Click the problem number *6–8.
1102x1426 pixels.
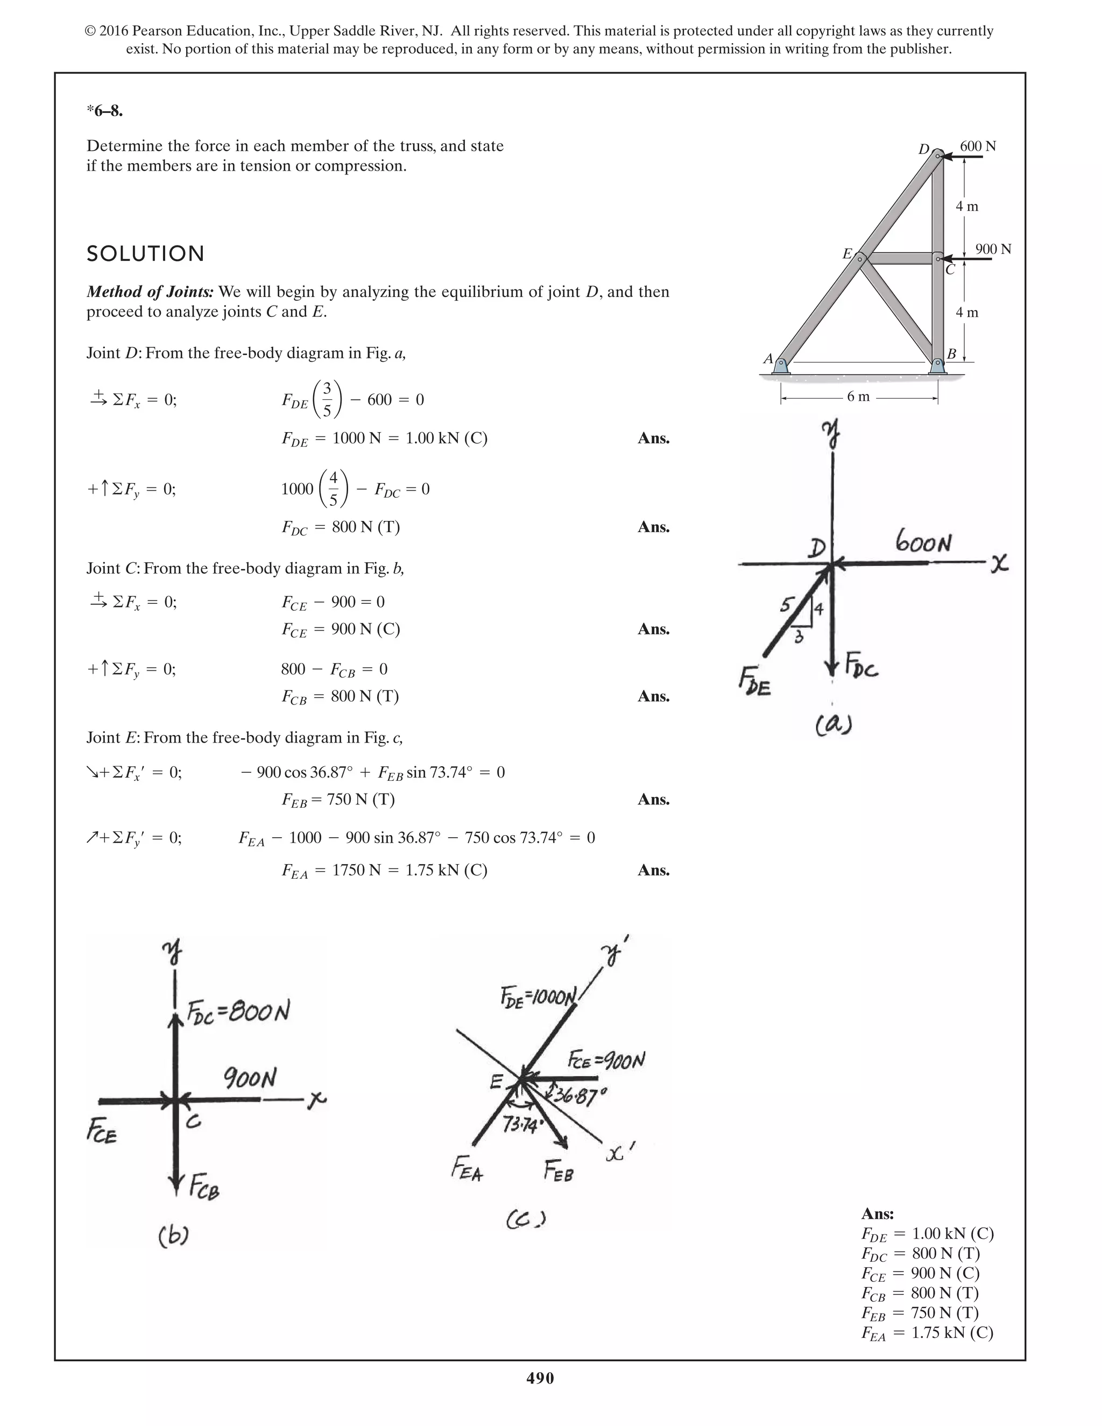click(105, 111)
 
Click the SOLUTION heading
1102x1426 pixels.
click(146, 254)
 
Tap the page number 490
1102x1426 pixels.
click(540, 1378)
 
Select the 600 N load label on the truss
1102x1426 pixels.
click(977, 146)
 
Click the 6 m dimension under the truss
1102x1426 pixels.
click(858, 397)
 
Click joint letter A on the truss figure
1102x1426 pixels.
click(768, 359)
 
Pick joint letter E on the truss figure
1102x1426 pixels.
click(847, 253)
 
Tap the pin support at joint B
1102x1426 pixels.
click(937, 365)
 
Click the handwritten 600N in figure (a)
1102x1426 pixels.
click(923, 542)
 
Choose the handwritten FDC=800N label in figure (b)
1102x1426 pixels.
click(238, 1013)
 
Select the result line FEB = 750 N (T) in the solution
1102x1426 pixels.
click(338, 800)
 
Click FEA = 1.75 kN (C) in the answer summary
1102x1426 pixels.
click(927, 1332)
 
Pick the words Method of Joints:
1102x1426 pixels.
click(150, 292)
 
